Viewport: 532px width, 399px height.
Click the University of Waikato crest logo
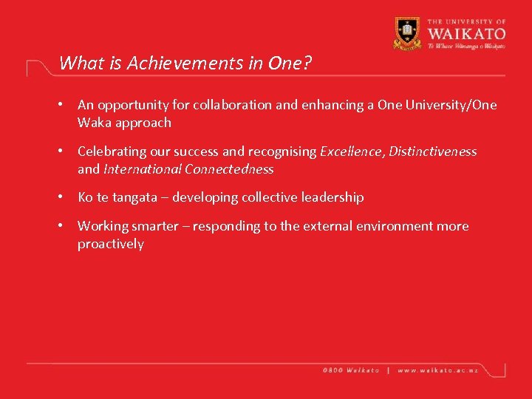pos(407,33)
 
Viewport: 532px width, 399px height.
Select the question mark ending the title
pos(307,64)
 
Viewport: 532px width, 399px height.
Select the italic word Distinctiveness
pos(433,151)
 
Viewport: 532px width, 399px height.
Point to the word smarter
pos(154,226)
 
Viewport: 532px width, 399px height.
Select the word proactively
pos(111,244)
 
